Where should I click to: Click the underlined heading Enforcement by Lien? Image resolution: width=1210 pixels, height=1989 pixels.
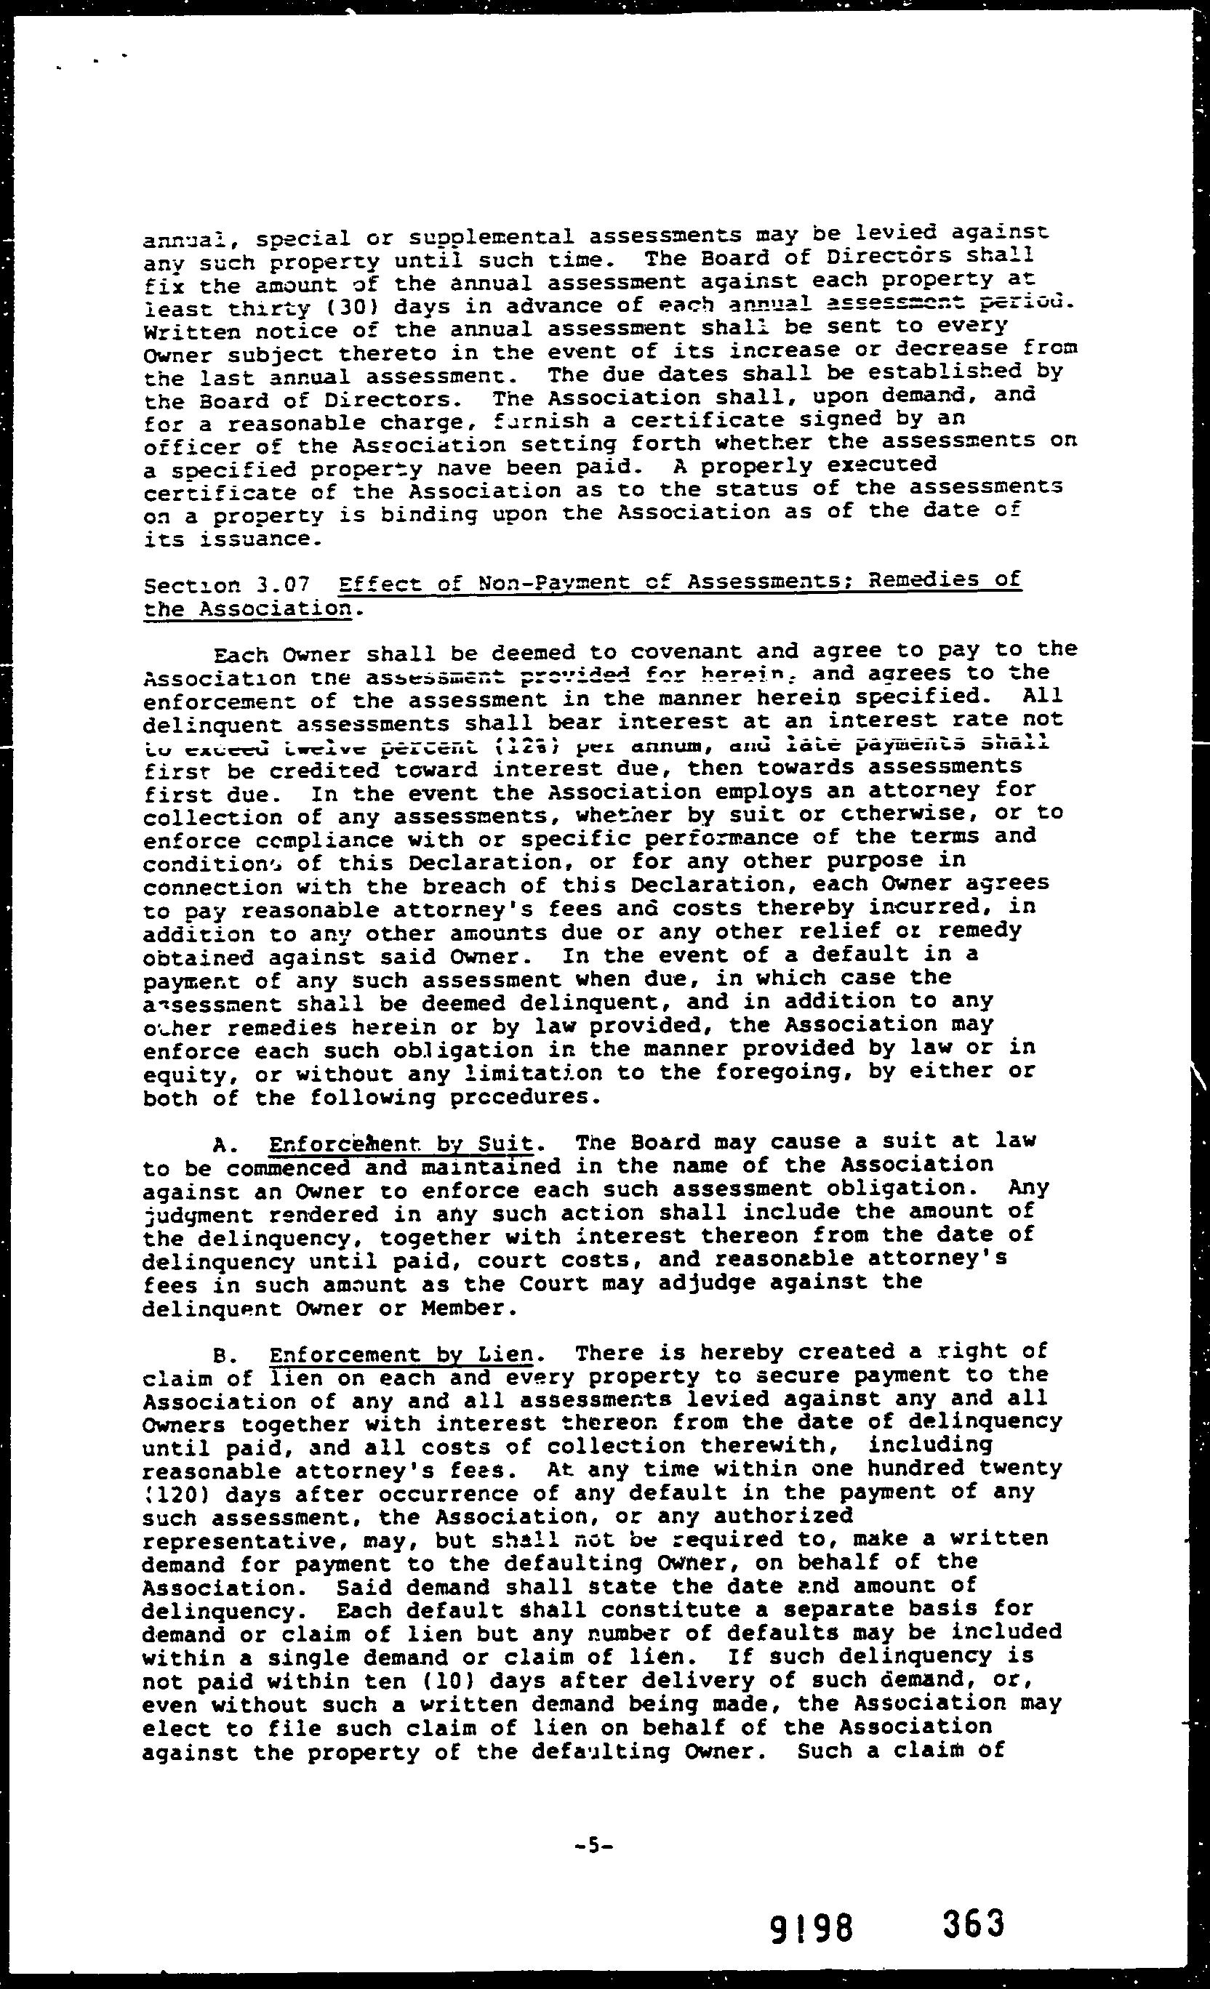tap(401, 1354)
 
